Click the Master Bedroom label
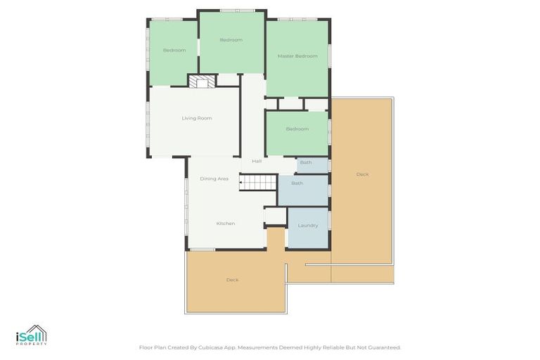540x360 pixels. [297, 56]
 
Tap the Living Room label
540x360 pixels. [197, 118]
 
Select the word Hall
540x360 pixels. [257, 161]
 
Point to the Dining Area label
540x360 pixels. [214, 179]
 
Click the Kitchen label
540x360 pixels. [226, 224]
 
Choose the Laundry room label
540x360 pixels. [308, 226]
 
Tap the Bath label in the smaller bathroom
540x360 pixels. [306, 162]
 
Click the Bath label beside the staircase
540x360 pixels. [297, 184]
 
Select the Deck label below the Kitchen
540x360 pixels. [232, 280]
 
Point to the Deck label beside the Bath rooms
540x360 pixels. [362, 174]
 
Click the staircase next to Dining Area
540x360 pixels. [259, 183]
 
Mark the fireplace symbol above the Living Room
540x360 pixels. [202, 82]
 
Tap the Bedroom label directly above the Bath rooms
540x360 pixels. [297, 129]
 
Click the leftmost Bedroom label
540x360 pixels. [174, 50]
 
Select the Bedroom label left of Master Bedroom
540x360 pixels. [231, 40]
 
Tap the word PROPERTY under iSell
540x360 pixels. [31, 344]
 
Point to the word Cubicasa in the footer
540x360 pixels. [224, 347]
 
